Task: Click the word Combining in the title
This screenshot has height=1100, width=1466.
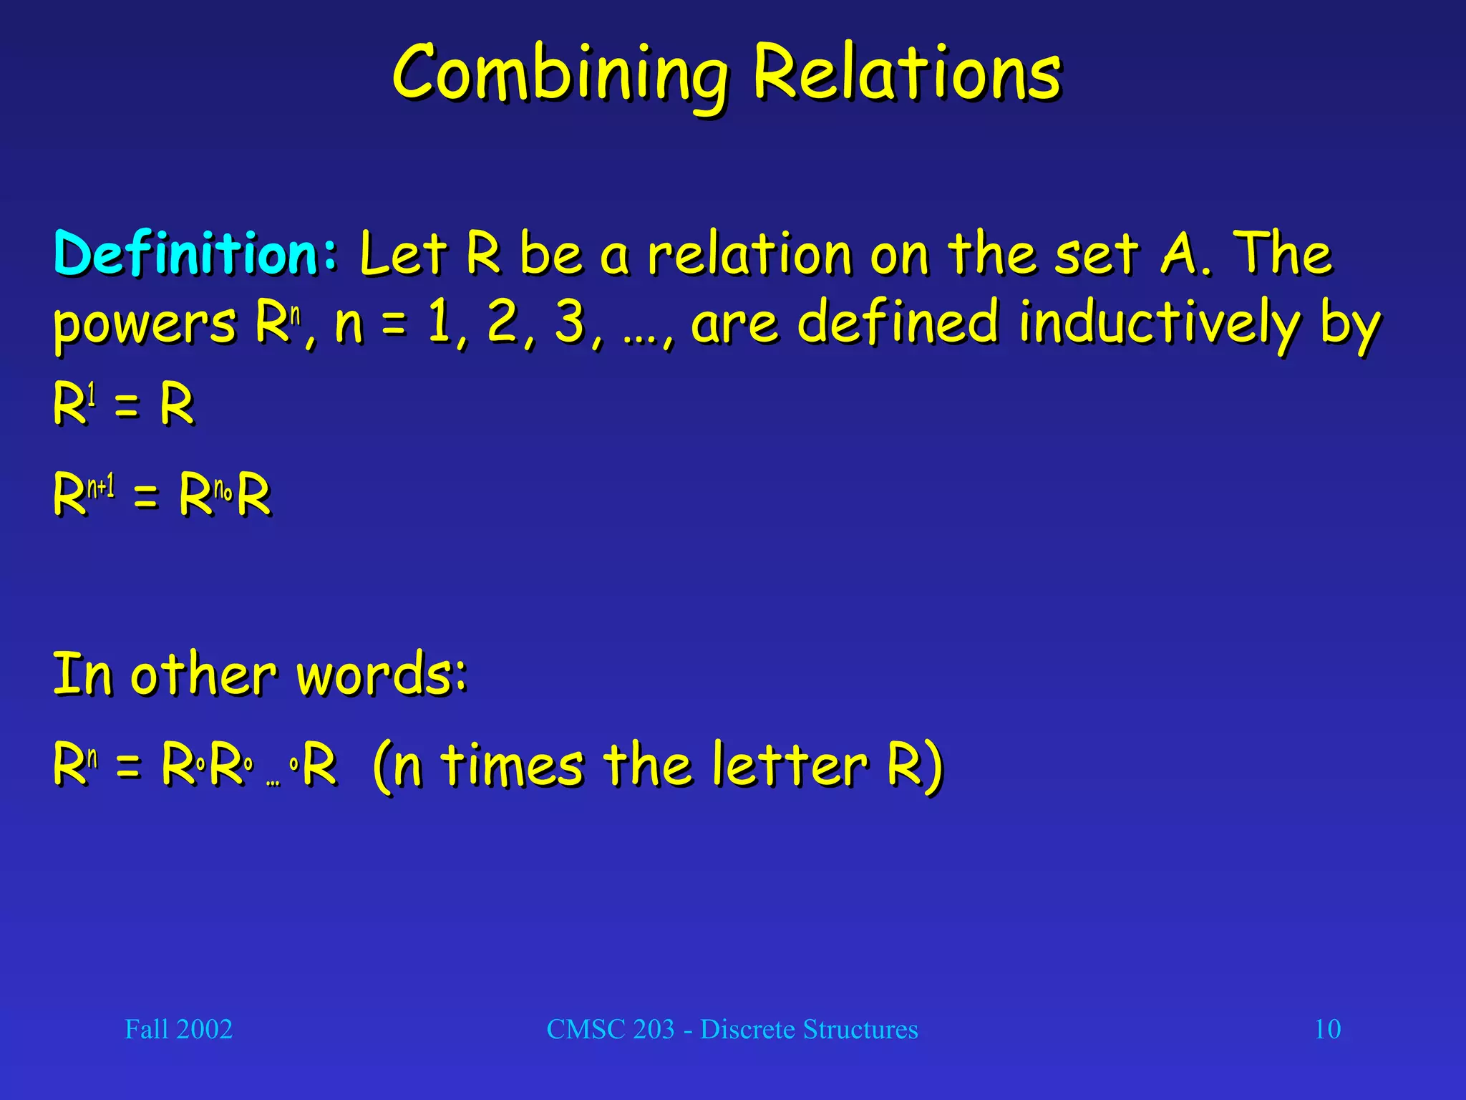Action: click(x=560, y=76)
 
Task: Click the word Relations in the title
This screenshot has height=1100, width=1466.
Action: click(x=908, y=72)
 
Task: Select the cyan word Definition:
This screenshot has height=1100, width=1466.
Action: click(x=195, y=254)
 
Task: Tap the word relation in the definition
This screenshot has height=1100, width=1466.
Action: click(x=750, y=254)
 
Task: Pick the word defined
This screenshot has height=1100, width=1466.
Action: click(x=898, y=322)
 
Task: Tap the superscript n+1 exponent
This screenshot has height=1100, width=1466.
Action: click(x=101, y=488)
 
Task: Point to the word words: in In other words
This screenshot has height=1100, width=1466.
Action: click(x=382, y=675)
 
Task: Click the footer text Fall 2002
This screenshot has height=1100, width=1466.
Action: click(x=179, y=1029)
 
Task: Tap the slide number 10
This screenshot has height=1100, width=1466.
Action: click(x=1328, y=1029)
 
